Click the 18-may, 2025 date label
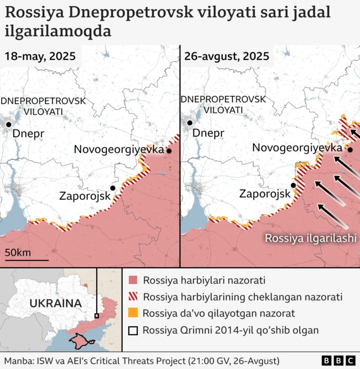coord(41,56)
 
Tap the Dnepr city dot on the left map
coord(8,124)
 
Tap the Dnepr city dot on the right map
coord(190,123)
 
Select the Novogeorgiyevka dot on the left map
coord(168,151)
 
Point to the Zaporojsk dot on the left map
coord(113,188)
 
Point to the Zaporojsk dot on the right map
coord(293,185)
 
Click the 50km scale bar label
coord(18,252)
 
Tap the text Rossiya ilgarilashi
coord(310,238)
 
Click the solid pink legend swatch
coord(133,280)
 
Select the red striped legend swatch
coord(133,297)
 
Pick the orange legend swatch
coord(133,313)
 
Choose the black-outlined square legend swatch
coord(133,330)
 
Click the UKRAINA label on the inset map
coord(55,303)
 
